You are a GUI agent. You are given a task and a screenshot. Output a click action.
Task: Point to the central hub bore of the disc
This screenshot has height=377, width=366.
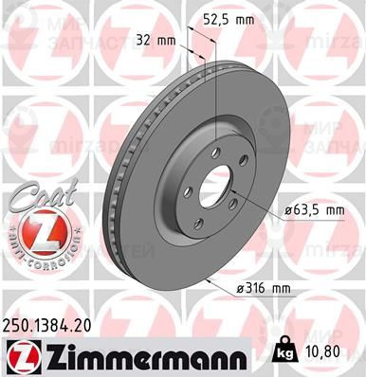tap(217, 185)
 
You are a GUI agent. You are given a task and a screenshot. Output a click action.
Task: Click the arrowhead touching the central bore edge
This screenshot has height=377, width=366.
tap(232, 197)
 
